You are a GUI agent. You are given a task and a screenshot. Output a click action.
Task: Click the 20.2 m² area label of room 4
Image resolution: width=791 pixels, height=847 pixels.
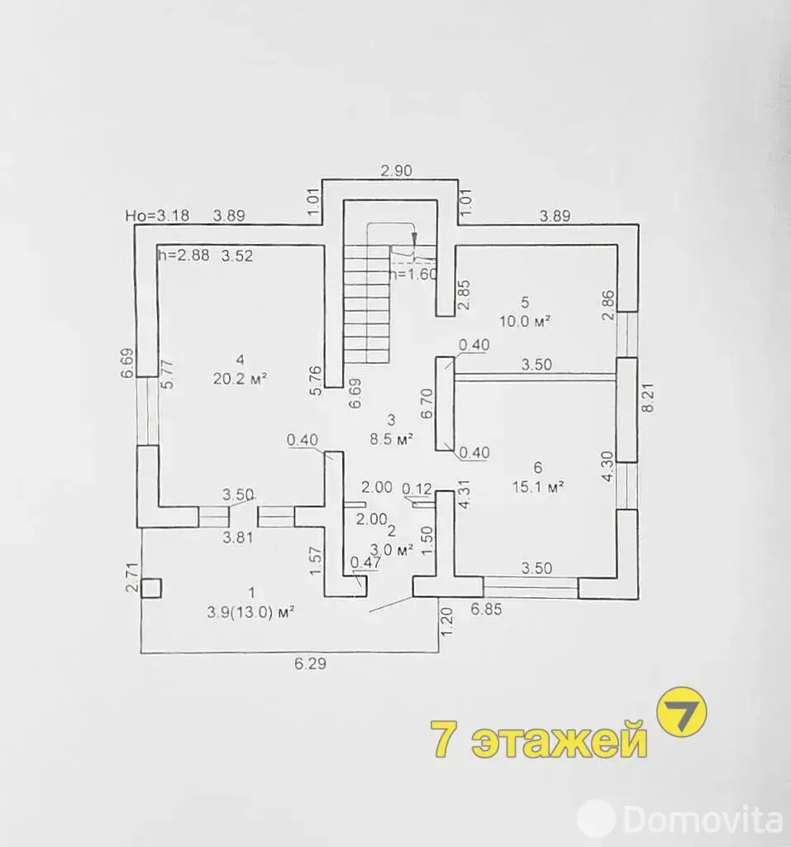(241, 379)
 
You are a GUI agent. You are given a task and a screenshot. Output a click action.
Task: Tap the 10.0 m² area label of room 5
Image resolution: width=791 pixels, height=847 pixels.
(525, 322)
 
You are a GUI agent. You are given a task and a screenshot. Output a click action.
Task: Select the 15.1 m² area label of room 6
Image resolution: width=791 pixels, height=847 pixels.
(538, 486)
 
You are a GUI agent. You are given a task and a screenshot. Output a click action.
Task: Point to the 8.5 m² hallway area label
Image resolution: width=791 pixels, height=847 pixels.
(392, 438)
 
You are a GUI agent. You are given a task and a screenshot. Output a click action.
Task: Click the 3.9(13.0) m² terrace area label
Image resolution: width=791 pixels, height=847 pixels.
(250, 613)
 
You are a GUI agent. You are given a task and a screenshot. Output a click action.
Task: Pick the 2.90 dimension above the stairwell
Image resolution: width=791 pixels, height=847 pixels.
(396, 170)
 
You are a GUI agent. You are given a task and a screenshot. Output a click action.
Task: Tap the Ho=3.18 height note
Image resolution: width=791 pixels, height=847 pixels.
(157, 216)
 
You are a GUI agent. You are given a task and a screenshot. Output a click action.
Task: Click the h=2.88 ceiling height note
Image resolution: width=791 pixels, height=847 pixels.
(183, 255)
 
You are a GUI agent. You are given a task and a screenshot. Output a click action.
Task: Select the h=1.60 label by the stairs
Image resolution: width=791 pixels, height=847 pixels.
(413, 274)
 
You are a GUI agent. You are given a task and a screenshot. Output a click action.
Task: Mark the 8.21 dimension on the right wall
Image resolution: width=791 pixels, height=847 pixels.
(649, 398)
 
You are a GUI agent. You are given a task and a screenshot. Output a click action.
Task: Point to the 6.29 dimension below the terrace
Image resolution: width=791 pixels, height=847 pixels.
(311, 663)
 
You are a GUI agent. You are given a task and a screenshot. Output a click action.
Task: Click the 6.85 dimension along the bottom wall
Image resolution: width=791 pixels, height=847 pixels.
(487, 609)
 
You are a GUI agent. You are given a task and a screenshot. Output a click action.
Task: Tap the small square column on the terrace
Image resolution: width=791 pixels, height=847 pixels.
(151, 588)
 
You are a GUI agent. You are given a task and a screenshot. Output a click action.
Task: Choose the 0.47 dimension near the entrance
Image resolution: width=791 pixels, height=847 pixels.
(365, 562)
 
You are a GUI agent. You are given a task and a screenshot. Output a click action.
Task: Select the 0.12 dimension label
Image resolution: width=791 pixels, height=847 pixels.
(417, 489)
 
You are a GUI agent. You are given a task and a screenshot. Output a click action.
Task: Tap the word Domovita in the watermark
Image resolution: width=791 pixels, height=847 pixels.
(703, 821)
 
